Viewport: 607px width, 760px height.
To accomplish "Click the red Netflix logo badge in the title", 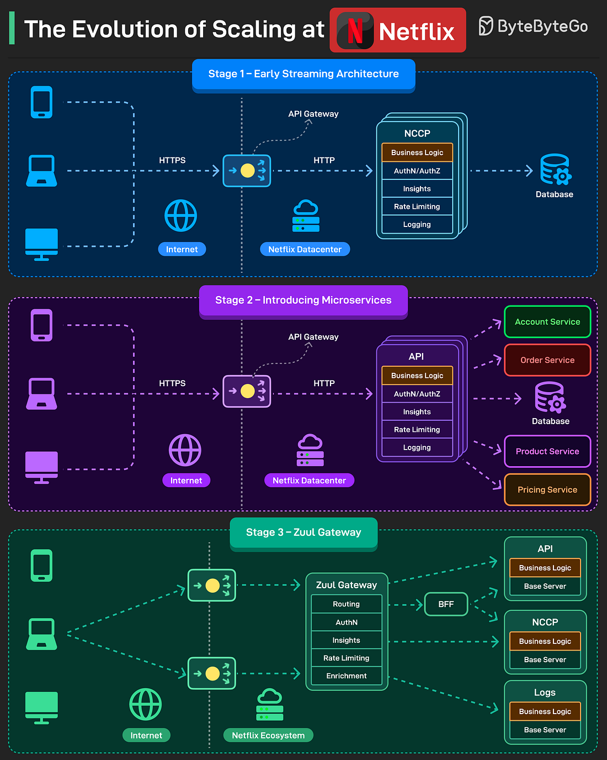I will (397, 30).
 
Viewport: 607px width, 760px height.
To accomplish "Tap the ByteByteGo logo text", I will (533, 26).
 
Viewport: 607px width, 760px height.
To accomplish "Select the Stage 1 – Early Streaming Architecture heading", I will (303, 74).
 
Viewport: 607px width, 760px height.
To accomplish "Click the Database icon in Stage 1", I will (555, 170).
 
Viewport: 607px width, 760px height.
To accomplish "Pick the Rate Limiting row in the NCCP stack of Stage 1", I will (417, 207).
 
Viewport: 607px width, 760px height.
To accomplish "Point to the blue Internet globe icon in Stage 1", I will (181, 215).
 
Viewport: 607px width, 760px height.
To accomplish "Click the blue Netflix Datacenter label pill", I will (305, 250).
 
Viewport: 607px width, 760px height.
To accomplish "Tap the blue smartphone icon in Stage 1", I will (42, 102).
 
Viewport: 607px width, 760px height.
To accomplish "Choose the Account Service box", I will (547, 322).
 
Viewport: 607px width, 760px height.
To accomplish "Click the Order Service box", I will (547, 360).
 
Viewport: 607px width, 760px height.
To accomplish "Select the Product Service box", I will (547, 451).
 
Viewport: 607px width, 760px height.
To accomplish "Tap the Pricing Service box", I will (547, 490).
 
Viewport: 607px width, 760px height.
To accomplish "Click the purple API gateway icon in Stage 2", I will (247, 392).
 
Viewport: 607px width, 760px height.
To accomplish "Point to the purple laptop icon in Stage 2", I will (42, 394).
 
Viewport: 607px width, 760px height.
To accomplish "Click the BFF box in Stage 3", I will (446, 604).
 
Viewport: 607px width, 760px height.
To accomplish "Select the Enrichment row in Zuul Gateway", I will (347, 676).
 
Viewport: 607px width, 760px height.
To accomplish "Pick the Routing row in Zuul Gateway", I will (347, 604).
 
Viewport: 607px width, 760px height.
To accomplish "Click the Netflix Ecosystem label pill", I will (268, 736).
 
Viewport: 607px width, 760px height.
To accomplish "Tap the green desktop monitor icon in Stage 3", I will (42, 708).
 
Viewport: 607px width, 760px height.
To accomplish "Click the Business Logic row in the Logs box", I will (545, 711).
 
